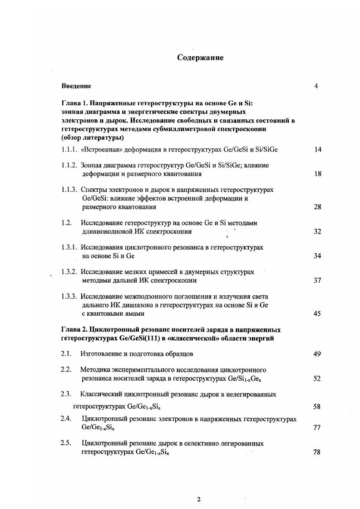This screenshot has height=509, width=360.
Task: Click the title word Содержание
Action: pos(200,58)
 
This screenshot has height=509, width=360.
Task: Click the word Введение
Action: pos(76,86)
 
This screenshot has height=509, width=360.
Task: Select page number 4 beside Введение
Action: pos(316,86)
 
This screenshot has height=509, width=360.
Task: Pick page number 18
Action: pos(317,174)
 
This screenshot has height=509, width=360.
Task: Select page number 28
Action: pos(317,207)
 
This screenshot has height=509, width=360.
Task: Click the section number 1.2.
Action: pos(67,223)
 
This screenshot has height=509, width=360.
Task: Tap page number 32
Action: pos(317,231)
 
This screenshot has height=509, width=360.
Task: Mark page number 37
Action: pos(317,280)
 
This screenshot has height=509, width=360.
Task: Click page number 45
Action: pos(317,313)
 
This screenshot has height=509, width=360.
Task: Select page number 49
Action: pos(317,354)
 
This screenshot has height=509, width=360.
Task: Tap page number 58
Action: pos(317,407)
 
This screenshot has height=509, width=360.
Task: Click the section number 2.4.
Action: pos(67,419)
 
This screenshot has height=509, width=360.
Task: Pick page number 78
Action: pos(317,452)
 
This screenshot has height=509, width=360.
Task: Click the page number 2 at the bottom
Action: pos(198,499)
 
